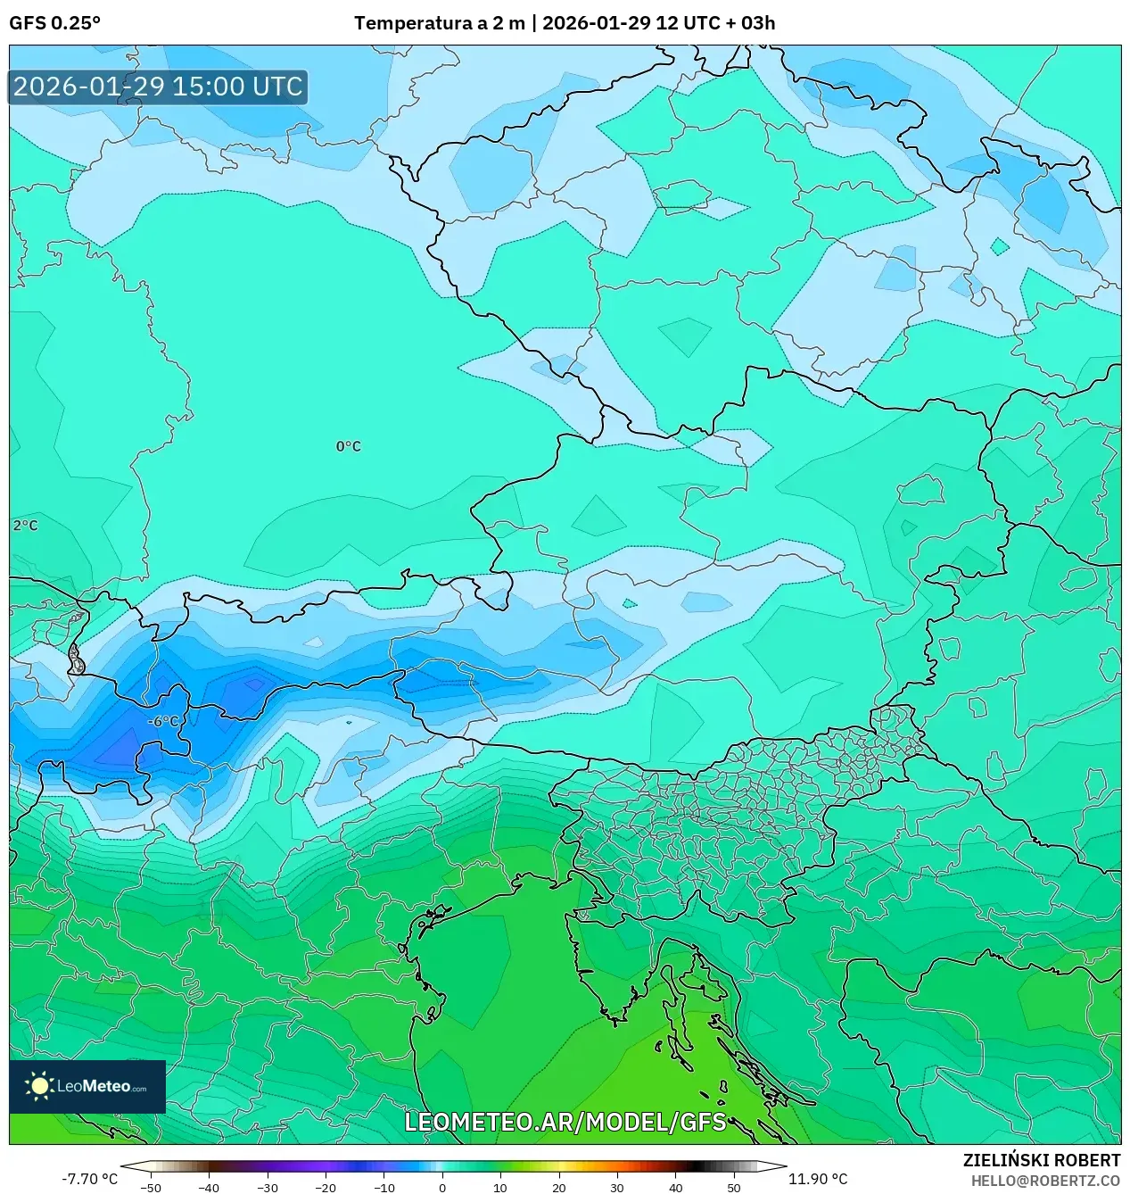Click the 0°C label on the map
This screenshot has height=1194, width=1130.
click(x=348, y=446)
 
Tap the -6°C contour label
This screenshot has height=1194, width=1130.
click(x=163, y=721)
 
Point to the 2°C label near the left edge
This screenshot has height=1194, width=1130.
click(x=25, y=526)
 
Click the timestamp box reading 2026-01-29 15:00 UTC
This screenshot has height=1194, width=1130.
click(x=158, y=87)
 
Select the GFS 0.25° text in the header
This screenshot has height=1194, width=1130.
click(x=54, y=23)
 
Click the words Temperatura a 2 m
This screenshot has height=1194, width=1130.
click(x=439, y=23)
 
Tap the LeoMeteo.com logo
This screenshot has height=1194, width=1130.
click(x=87, y=1086)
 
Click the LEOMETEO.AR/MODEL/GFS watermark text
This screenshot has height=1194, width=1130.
click(x=565, y=1122)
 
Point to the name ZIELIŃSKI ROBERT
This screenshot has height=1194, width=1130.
click(x=1041, y=1160)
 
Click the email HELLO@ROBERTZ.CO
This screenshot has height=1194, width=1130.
click(x=1045, y=1181)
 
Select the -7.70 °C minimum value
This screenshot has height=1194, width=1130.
click(x=89, y=1179)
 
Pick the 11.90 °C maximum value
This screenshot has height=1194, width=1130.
click(x=817, y=1179)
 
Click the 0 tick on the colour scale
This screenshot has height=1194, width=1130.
click(x=442, y=1188)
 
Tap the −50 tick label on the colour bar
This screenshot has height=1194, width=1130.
click(x=151, y=1188)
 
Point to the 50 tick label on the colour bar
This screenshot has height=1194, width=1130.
click(x=733, y=1188)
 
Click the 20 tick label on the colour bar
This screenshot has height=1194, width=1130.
click(x=558, y=1188)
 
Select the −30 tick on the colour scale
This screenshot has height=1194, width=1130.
click(x=267, y=1188)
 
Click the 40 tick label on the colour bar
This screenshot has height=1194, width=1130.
click(x=675, y=1188)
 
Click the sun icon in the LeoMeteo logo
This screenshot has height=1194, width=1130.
click(x=39, y=1086)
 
